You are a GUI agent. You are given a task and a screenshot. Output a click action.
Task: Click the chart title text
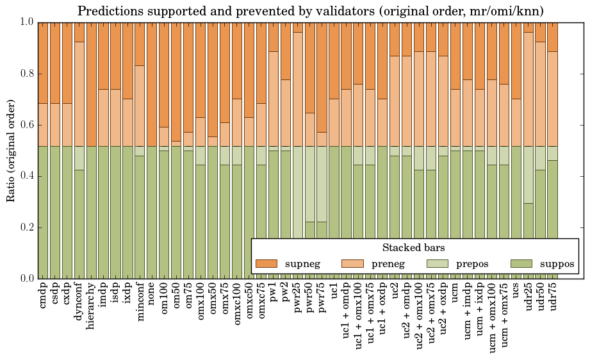pos(311,12)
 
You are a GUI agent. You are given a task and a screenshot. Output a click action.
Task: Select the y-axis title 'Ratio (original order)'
pos(12,150)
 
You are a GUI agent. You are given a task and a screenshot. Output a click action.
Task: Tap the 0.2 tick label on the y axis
pos(26,227)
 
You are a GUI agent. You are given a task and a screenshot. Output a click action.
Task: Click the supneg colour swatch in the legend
pos(266,263)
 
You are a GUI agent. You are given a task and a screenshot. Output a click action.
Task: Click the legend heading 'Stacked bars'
pos(413,248)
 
